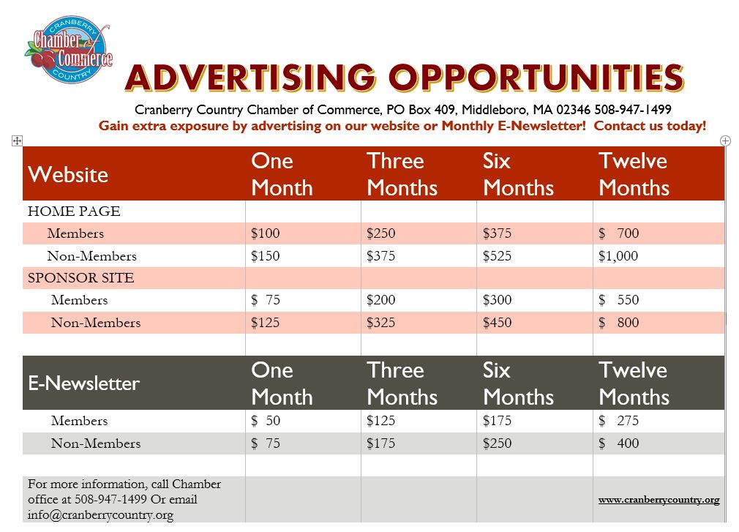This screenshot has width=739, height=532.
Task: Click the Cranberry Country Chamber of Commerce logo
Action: point(69,50)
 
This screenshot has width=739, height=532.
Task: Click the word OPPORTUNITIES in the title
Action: point(536,78)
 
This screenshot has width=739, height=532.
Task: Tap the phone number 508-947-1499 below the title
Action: point(632,110)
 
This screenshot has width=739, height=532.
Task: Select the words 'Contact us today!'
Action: point(650,126)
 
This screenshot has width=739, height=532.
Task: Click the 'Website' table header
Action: point(68,174)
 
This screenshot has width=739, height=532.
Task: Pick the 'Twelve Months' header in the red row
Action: point(634,174)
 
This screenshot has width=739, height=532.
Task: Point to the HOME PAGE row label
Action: point(74,211)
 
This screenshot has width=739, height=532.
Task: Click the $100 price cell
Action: point(266,233)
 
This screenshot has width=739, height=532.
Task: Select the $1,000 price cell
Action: point(618,256)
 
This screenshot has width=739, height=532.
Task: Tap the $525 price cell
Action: point(497,256)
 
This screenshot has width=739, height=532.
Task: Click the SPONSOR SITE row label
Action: point(81,278)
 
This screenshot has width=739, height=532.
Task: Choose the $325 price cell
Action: point(380,323)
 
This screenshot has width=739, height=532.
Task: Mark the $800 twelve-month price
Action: point(618,323)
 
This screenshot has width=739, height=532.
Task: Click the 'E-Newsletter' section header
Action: point(84,383)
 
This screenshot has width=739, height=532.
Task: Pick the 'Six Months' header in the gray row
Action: point(518,383)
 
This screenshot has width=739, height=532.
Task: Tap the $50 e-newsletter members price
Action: point(266,420)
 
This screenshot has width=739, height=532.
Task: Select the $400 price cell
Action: point(618,443)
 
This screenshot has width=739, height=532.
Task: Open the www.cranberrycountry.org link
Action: point(659,500)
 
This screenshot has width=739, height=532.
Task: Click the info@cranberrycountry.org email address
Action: point(100,515)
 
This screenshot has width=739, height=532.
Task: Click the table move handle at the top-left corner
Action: point(17,141)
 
